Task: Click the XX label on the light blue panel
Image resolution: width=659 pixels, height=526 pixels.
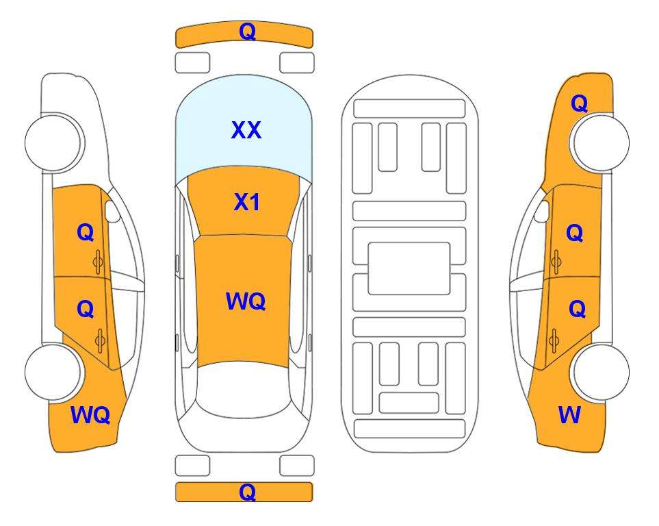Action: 246,130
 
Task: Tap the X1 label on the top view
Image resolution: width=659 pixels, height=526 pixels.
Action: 247,203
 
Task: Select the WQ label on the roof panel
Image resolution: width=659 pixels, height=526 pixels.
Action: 246,301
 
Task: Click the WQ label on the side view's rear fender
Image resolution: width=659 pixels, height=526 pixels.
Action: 90,415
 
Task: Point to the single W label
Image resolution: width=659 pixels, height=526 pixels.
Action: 569,415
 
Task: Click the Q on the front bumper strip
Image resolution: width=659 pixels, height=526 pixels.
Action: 247,32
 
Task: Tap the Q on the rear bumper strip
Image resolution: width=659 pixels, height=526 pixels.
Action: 247,492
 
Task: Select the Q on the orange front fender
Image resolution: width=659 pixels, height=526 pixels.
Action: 579,103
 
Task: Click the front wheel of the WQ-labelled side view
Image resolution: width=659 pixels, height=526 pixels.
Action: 53,143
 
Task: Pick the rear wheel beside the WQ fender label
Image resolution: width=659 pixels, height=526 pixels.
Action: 53,372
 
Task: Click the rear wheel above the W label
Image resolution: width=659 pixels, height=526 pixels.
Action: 601,372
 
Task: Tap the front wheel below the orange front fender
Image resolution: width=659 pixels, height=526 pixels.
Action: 601,143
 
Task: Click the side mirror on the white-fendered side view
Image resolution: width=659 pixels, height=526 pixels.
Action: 112,211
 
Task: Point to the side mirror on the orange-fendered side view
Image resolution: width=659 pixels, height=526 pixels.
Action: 542,211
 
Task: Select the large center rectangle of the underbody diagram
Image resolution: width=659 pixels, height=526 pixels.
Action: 409,268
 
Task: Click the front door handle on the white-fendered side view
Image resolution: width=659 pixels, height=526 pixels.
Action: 99,262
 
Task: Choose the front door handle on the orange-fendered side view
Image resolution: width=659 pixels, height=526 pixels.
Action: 556,262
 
